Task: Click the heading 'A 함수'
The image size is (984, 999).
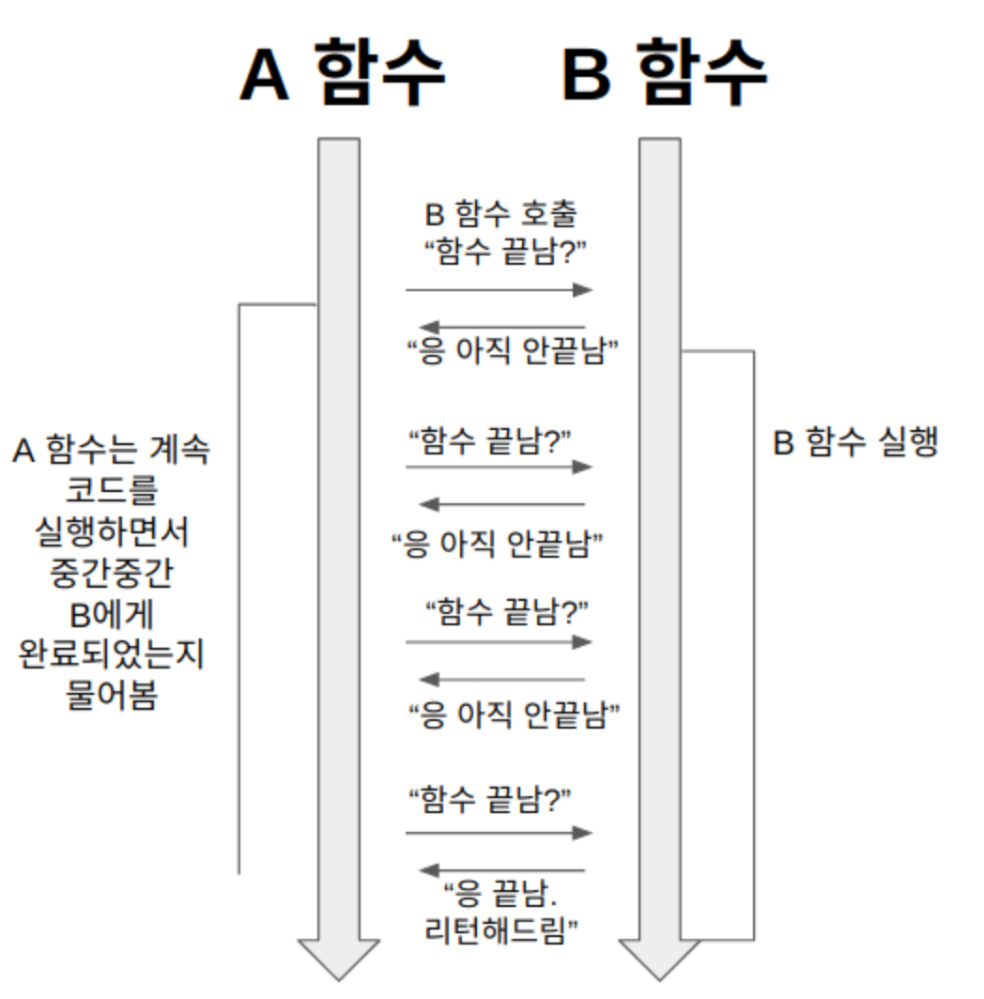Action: click(342, 73)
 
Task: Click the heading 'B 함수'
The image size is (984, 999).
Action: click(665, 73)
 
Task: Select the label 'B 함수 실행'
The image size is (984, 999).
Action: click(855, 443)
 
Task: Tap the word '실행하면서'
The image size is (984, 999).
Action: click(111, 533)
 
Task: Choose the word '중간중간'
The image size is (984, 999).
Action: click(111, 575)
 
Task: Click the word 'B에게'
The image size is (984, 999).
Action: click(111, 616)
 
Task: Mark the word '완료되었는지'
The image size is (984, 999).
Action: click(111, 655)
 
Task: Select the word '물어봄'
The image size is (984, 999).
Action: click(111, 697)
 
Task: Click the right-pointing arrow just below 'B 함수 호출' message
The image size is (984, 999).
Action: click(499, 290)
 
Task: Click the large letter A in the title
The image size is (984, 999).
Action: click(265, 75)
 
